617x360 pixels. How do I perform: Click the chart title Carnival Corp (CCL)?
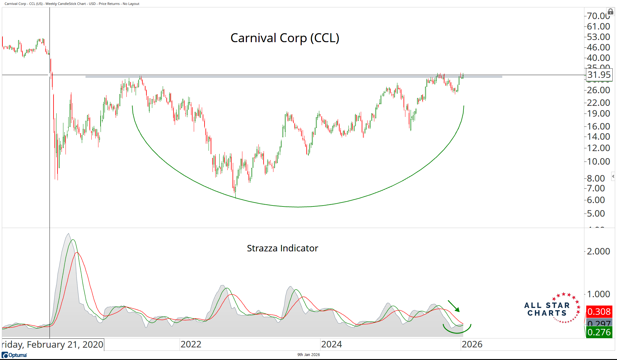tap(285, 38)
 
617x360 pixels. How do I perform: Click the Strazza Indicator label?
tap(282, 248)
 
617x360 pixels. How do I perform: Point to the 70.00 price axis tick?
tap(598, 16)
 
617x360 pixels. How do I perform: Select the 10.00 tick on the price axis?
tap(598, 162)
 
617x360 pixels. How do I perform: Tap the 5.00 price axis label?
tap(596, 214)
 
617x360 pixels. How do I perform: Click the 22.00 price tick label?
tap(598, 103)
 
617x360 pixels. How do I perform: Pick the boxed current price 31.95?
tap(599, 75)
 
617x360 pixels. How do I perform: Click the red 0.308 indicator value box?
tap(599, 312)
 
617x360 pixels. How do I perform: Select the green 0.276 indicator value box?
tap(599, 332)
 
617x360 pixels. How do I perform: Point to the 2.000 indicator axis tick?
tap(598, 251)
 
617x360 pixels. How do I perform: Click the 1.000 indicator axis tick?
tap(598, 294)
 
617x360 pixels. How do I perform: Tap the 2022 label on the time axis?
tap(191, 344)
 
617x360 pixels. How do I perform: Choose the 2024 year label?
tap(332, 344)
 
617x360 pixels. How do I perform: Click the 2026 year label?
tap(472, 344)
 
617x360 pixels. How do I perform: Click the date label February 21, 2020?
tap(53, 345)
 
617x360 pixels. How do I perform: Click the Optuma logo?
tap(14, 355)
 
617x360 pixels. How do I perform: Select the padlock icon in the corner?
tap(611, 12)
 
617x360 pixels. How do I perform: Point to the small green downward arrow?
tap(454, 306)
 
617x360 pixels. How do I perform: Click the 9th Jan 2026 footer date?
tap(308, 355)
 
